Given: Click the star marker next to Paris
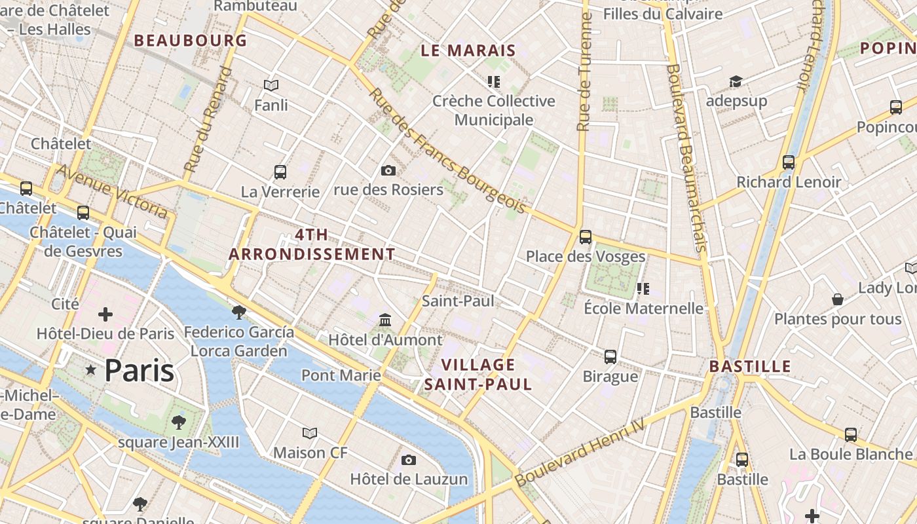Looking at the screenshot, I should point(91,371).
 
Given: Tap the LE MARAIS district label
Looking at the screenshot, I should point(468,50).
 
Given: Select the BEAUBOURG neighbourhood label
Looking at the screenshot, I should point(191,41).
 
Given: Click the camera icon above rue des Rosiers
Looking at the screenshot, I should point(388,171).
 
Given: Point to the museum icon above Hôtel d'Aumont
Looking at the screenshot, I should point(385,320).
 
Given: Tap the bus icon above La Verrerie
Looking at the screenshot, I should point(280,172).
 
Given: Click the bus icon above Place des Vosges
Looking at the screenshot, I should point(586,237).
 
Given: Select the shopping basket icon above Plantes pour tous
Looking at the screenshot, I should point(838,300).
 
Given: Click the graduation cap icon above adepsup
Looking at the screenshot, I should point(736,82).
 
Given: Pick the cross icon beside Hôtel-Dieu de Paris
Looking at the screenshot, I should point(105,315).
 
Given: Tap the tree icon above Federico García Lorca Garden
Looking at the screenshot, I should point(239,312).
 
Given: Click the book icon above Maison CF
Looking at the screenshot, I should point(310,433).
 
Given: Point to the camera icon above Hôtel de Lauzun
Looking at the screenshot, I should point(409,460).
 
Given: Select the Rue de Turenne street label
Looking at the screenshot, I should point(585,72).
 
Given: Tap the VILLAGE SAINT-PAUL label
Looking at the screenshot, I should point(478,375).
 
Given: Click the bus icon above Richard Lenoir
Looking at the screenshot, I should point(789,162).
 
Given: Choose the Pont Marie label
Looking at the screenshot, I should point(341,375).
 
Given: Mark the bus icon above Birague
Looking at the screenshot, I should point(610,357).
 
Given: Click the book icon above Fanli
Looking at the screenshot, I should point(271,85).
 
